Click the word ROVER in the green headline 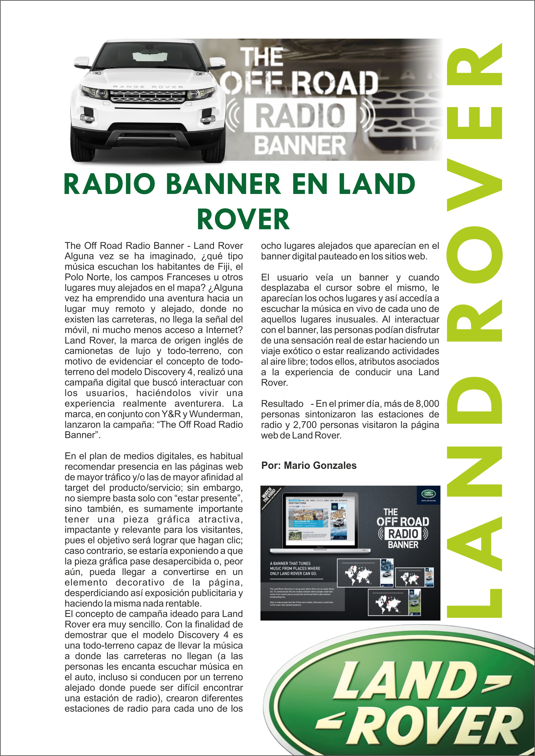pyautogui.click(x=243, y=219)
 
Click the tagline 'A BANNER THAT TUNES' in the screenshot pyautogui.click(x=290, y=563)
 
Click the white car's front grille pyautogui.click(x=148, y=96)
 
